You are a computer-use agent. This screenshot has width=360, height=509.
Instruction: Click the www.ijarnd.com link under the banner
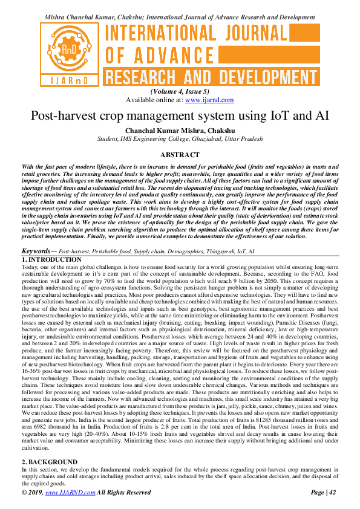(x=209, y=100)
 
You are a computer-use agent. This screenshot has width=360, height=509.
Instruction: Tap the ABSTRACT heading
(x=180, y=154)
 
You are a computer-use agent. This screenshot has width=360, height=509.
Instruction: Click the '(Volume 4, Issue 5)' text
(x=180, y=92)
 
